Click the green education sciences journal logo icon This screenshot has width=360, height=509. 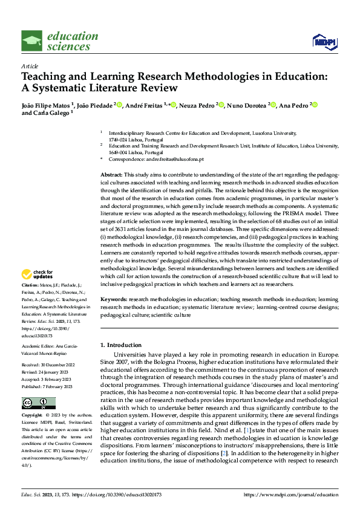(x=32, y=41)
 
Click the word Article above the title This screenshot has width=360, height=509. (x=30, y=66)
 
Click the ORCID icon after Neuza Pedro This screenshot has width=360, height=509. (x=221, y=105)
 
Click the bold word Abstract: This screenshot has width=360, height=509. (x=111, y=174)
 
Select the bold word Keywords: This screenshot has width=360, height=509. (x=113, y=299)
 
